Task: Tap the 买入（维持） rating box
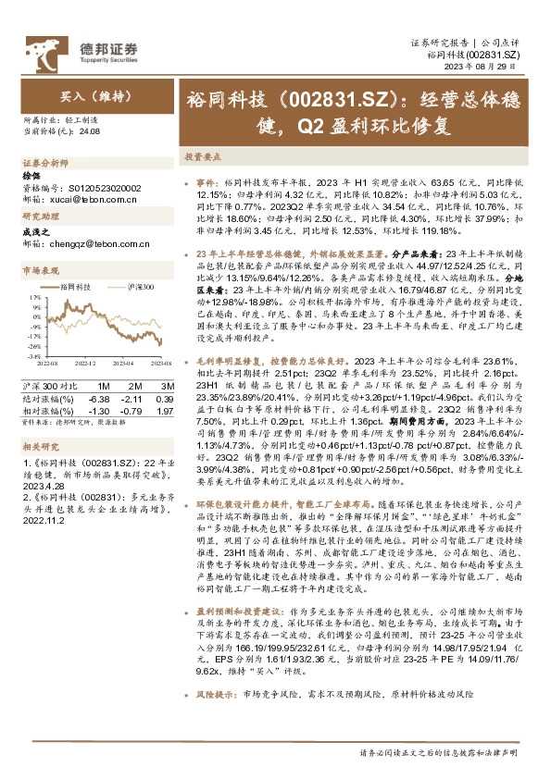click(88, 95)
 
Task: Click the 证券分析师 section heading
click(42, 161)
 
